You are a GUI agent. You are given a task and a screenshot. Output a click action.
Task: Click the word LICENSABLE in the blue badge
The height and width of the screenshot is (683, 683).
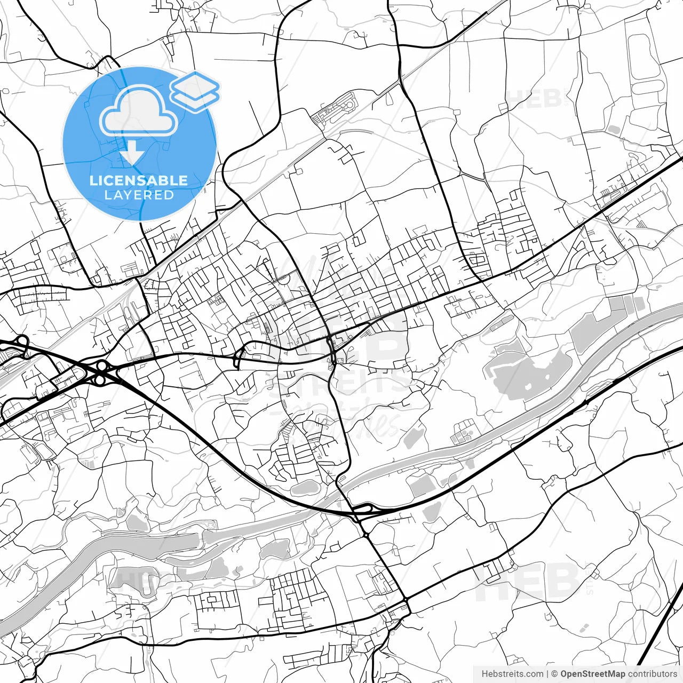coord(139,180)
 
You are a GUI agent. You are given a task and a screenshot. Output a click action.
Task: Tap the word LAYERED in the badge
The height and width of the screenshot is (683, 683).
coord(139,195)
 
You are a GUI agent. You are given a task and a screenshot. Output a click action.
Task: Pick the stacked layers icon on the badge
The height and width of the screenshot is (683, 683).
coord(195,91)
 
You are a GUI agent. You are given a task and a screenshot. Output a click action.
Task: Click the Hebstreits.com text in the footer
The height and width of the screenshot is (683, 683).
coord(512,674)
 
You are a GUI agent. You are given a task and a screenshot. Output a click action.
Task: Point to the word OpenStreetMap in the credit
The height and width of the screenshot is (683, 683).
coord(593,674)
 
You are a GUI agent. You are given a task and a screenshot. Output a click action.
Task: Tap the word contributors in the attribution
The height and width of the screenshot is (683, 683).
coord(652,674)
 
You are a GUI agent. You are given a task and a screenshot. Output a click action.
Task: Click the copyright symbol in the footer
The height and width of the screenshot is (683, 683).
coord(554,674)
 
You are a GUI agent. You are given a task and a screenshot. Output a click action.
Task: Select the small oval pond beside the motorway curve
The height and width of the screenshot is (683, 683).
coord(305,487)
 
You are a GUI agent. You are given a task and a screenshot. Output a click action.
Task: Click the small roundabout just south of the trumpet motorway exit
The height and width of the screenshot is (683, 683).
coord(366,534)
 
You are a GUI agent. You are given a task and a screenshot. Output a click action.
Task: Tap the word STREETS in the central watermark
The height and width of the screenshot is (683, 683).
coord(341,382)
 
